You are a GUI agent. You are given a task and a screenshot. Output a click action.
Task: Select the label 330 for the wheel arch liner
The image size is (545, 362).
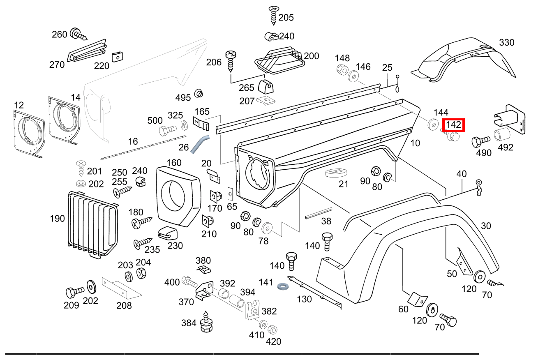pos(506,42)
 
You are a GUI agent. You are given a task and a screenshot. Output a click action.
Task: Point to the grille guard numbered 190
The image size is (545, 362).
pos(92,224)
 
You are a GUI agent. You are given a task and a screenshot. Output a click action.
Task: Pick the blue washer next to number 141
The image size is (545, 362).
pos(282,286)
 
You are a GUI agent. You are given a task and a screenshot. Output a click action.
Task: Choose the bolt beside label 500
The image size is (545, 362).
pos(166,131)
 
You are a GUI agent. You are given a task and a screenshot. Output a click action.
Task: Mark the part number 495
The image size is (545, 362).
pos(183,97)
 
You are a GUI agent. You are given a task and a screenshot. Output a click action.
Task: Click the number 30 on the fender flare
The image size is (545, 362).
pos(486,226)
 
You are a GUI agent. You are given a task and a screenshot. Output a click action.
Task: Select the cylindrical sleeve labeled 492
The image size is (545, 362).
pos(502,135)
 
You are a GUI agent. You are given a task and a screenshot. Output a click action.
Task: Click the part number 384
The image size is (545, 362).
pos(189,323)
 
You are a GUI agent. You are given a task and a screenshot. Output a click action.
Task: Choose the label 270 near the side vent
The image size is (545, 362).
pos(57,65)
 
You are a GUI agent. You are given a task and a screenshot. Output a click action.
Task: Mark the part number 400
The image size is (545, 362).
pos(172,282)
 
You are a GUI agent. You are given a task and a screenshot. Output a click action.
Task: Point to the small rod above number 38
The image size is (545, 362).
pos(317,214)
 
